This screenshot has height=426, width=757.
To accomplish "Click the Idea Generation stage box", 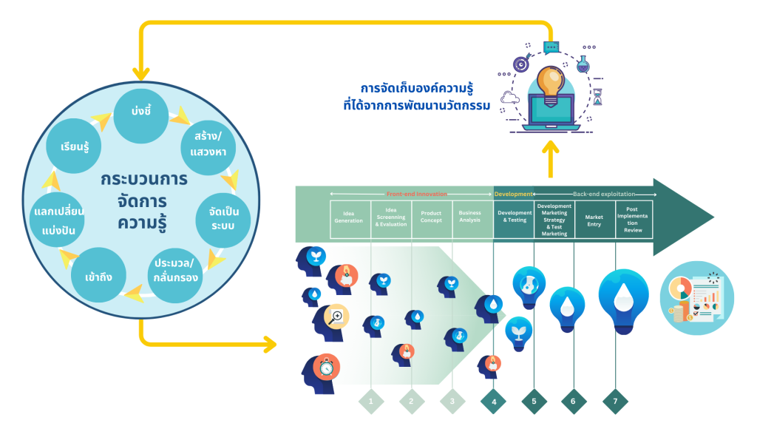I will [350, 218].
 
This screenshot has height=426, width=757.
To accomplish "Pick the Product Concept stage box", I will [432, 218].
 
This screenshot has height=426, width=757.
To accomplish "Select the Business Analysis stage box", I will [472, 218].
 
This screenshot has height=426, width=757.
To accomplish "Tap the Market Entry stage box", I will [594, 218].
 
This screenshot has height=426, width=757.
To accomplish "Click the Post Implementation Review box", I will [634, 218].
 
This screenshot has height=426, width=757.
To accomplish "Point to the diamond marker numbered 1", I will [371, 402].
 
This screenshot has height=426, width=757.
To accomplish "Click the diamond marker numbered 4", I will [493, 402].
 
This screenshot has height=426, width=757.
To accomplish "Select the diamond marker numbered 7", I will [614, 402].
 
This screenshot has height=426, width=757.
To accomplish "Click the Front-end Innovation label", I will [416, 194].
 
